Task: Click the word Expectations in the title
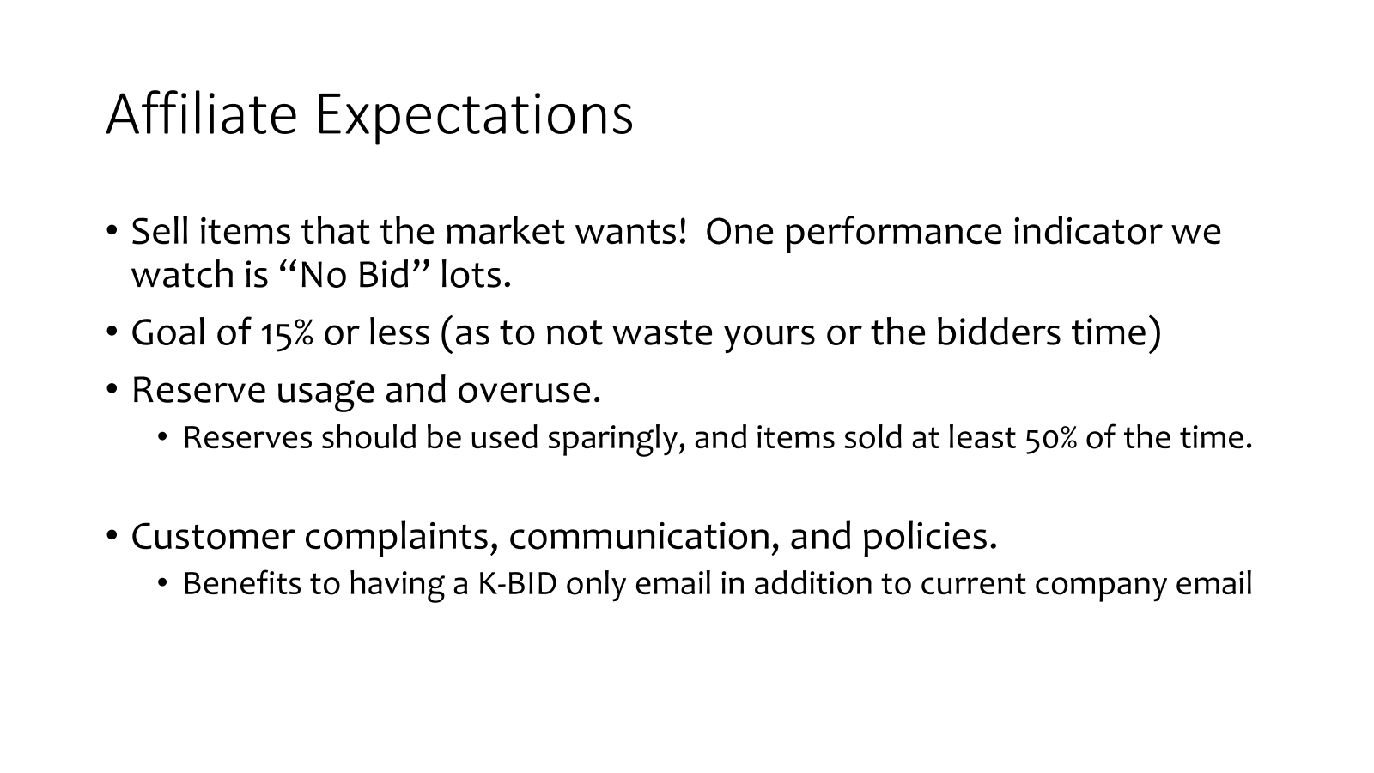[x=474, y=117]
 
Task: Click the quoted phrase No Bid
[x=352, y=274]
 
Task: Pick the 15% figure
[x=287, y=334]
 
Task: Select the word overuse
[x=529, y=391]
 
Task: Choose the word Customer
[x=213, y=536]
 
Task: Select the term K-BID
[x=517, y=583]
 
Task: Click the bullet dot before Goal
[x=112, y=332]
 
